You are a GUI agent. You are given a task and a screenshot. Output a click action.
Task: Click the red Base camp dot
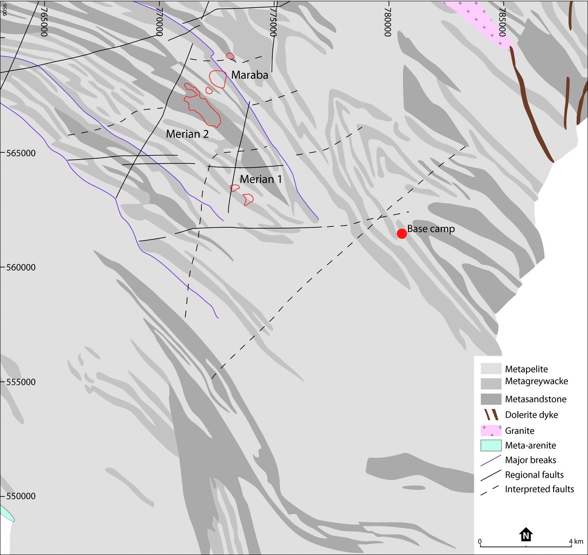tap(402, 233)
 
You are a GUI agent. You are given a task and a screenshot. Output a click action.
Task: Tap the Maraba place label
tap(250, 75)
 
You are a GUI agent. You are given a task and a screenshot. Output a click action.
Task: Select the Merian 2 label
tap(187, 134)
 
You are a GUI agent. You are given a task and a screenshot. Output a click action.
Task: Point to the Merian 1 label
tap(261, 179)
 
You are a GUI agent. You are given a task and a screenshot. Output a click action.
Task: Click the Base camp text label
tap(431, 229)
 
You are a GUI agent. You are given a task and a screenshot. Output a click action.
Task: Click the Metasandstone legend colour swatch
tap(491, 399)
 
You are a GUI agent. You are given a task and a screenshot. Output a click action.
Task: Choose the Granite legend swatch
tap(491, 430)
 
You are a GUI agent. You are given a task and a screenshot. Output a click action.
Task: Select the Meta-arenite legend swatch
tap(491, 445)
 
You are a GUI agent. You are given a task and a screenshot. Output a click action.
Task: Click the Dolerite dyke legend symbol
tap(491, 414)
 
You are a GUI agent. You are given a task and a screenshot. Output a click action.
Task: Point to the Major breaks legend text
tap(531, 460)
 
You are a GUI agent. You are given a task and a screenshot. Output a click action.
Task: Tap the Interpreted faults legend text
tap(539, 489)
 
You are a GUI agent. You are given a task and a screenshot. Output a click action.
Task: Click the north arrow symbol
tap(526, 535)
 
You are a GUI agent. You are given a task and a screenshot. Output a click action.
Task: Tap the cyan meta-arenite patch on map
tap(6, 513)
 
